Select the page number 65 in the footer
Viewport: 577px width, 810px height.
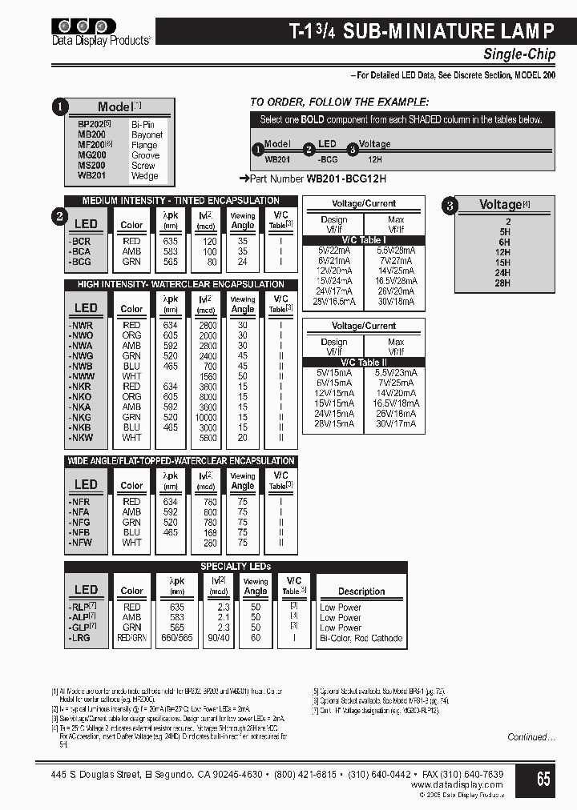coord(543,778)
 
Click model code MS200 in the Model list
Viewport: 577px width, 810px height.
coord(91,166)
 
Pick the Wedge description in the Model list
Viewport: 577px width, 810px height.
coord(145,176)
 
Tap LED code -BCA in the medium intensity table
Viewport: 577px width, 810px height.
coord(80,251)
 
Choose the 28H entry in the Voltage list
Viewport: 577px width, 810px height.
coord(503,283)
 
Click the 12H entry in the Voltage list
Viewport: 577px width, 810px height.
coord(503,252)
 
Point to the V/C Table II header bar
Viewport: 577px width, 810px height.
coord(364,363)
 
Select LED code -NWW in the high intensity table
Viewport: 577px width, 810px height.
coord(82,376)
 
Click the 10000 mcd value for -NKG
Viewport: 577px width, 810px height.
coord(207,418)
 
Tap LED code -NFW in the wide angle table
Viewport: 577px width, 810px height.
coord(80,543)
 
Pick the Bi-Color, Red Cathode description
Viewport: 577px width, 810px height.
coord(361,639)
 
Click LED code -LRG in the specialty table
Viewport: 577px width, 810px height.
coord(80,639)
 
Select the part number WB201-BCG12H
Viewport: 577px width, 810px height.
coord(346,179)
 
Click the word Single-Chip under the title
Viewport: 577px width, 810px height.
coord(518,54)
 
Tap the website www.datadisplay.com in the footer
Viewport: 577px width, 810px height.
coord(457,785)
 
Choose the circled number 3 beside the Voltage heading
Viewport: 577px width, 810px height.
coord(451,206)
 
